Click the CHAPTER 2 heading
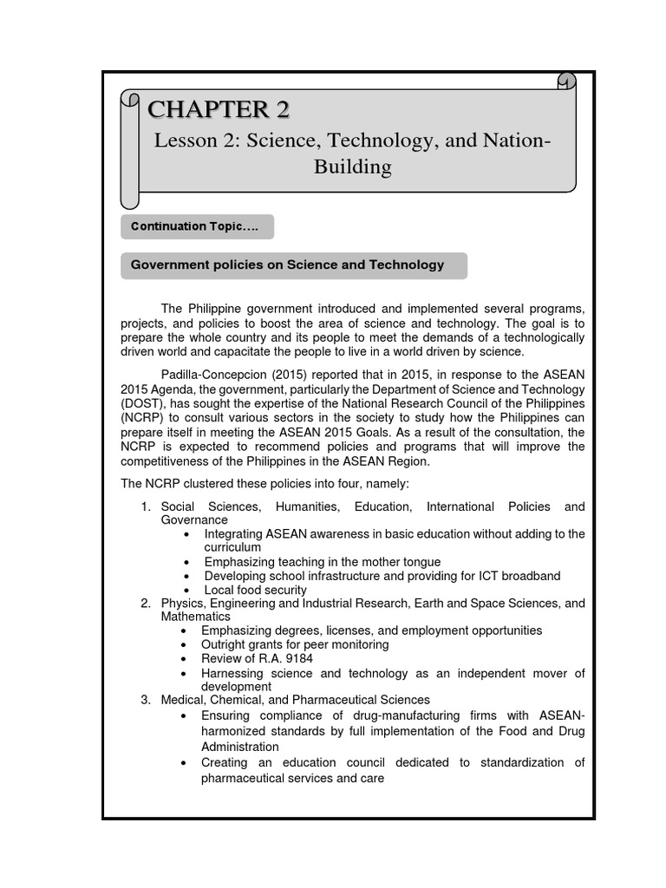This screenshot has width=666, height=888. (x=219, y=109)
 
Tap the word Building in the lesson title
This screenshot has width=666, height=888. (x=352, y=166)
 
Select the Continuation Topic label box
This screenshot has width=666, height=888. (x=197, y=226)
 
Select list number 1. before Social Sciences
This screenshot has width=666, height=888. (x=147, y=506)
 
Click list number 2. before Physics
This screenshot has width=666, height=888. (x=147, y=603)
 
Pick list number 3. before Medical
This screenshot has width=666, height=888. (x=147, y=699)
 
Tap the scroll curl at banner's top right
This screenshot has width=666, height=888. (x=566, y=82)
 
